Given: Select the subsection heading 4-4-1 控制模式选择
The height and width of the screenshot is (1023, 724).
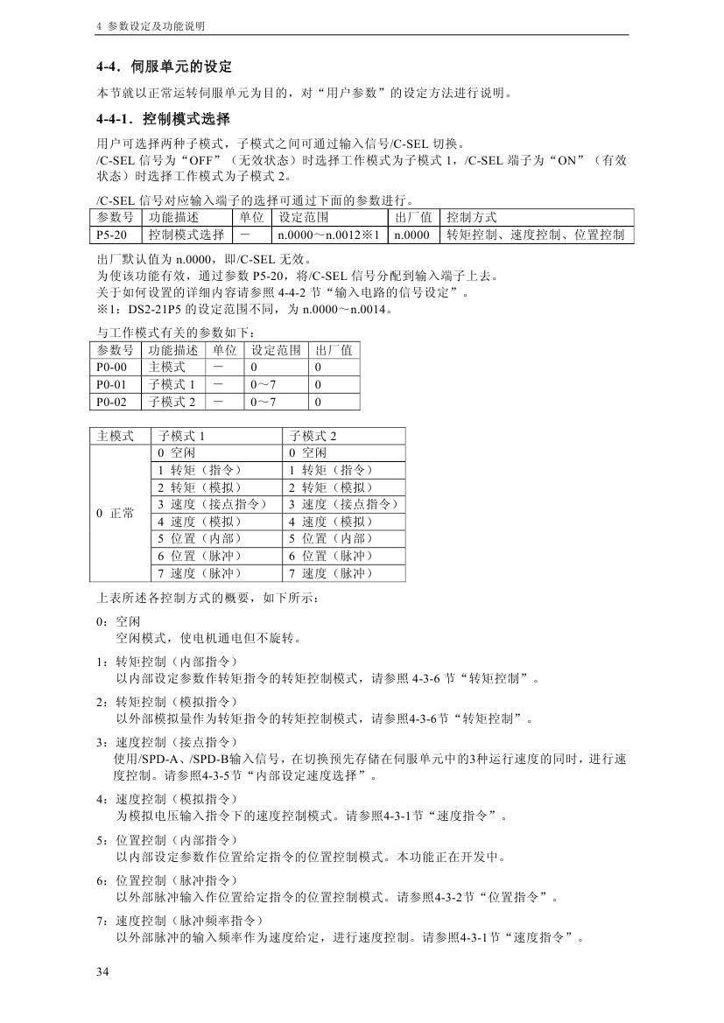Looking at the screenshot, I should pos(163,119).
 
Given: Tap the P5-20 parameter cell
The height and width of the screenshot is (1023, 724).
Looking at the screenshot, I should pos(116,235).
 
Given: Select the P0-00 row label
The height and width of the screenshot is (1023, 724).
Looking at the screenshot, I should pos(116,368).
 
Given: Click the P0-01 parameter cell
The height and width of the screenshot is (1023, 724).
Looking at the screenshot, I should pos(116,385).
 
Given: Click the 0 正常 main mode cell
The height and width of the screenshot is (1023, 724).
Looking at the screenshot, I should pos(116,513).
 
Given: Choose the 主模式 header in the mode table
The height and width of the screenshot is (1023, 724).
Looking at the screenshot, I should pos(116,436).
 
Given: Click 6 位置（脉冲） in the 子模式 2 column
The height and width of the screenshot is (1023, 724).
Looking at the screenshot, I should pos(331,556).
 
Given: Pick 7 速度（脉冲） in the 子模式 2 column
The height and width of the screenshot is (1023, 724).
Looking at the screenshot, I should pos(331,573).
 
